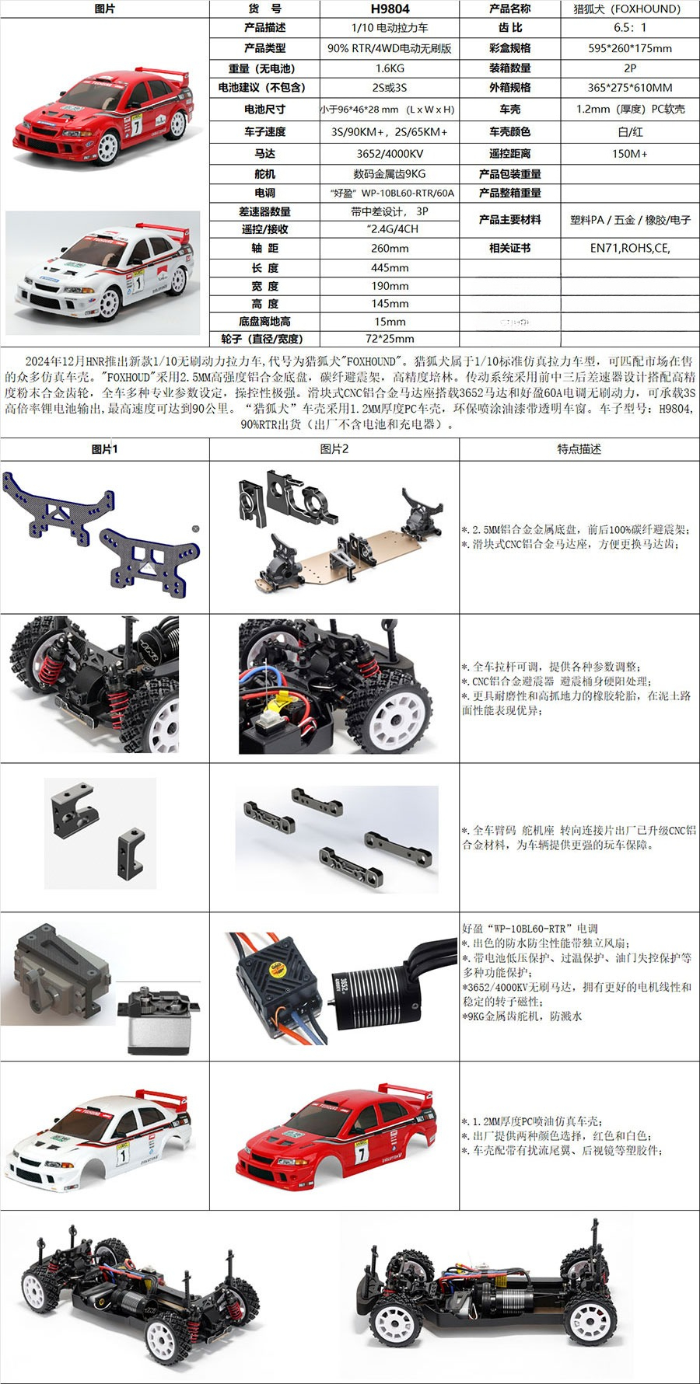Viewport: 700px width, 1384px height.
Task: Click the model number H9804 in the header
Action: point(390,9)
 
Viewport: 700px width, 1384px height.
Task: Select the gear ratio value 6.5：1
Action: point(630,27)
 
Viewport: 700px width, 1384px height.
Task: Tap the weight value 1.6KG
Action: point(390,68)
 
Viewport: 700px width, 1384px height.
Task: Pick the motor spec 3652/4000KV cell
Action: point(390,153)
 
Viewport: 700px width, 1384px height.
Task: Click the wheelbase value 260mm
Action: point(390,248)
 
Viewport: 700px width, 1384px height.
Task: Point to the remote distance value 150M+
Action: point(630,153)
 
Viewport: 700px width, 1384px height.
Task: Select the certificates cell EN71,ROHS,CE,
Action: point(630,248)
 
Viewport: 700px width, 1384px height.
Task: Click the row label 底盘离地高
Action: point(264,321)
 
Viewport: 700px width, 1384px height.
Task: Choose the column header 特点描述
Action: point(579,449)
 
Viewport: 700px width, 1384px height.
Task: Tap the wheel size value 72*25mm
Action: point(390,339)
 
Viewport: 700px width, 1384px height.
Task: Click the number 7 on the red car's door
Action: point(137,125)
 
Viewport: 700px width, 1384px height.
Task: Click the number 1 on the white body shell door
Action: point(122,1156)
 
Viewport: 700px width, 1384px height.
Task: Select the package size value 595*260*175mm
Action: point(630,47)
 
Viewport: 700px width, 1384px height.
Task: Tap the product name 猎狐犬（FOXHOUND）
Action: point(627,9)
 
